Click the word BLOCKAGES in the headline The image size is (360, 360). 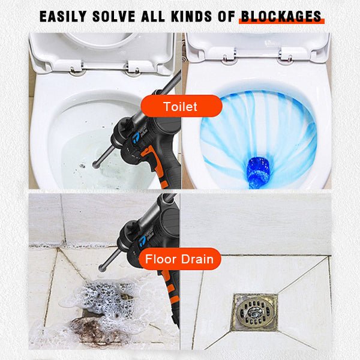(281, 17)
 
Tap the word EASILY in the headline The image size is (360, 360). (63, 17)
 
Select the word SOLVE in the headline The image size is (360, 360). (114, 17)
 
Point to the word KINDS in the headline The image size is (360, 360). (191, 17)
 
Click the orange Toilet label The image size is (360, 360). (181, 106)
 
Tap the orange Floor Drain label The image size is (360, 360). (179, 259)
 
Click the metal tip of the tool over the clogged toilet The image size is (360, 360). (96, 164)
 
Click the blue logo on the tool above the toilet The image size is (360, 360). (136, 137)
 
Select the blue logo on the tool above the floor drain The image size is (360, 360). (142, 241)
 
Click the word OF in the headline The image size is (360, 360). (226, 17)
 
